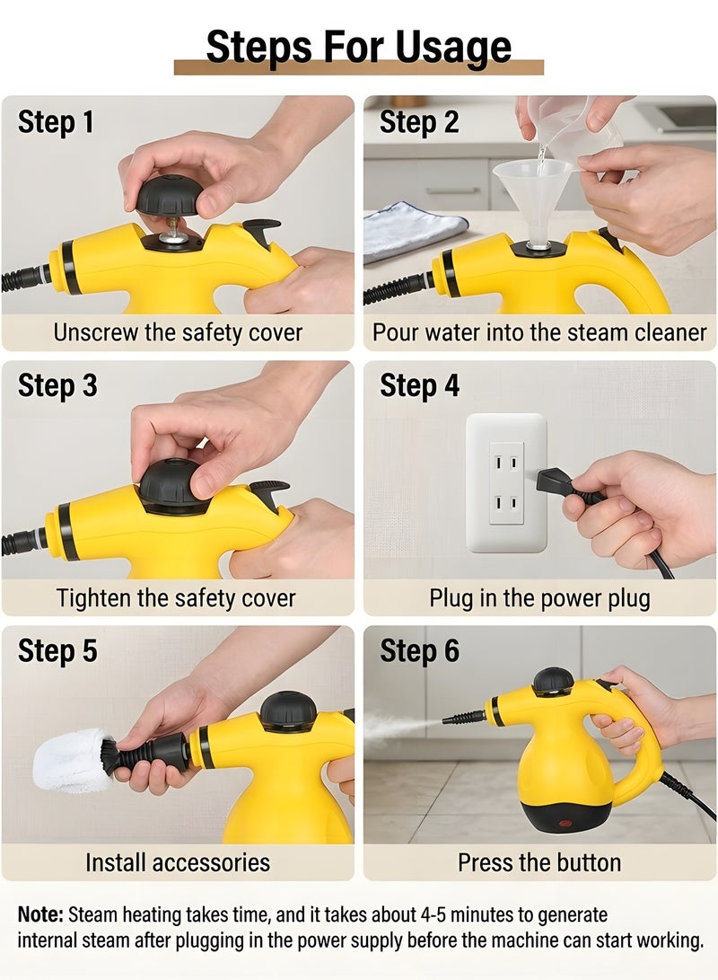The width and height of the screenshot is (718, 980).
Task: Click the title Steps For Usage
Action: [x=358, y=47]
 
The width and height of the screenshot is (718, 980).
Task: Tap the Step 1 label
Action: [x=56, y=122]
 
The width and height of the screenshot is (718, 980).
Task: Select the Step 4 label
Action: [x=419, y=385]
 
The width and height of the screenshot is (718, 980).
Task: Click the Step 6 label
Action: [x=419, y=651]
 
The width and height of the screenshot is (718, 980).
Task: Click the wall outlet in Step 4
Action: [x=506, y=481]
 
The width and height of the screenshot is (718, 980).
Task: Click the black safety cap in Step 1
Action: [x=170, y=194]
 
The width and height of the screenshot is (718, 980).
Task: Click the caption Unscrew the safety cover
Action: [x=178, y=332]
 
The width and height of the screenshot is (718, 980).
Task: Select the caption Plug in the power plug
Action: [x=539, y=597]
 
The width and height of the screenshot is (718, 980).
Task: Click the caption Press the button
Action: [x=539, y=862]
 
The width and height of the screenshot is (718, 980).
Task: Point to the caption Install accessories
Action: [x=178, y=862]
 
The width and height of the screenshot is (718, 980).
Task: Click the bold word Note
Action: [x=40, y=914]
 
